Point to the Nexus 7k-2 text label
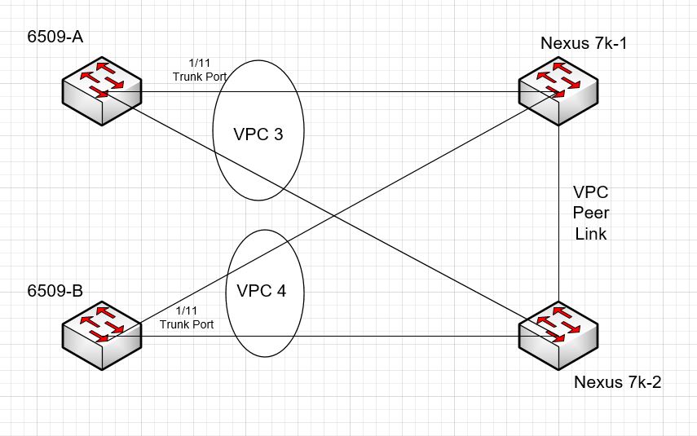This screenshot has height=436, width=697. click(x=617, y=381)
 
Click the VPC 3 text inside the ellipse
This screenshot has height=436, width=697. click(x=258, y=133)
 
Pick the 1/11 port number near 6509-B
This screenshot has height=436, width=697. click(x=187, y=311)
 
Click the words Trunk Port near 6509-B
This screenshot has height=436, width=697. click(x=187, y=324)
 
